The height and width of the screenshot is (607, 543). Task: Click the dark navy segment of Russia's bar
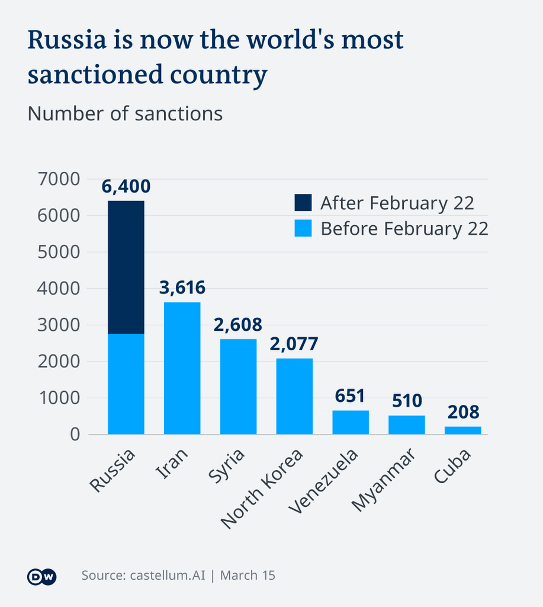click(x=126, y=267)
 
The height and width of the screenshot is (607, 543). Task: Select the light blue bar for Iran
click(x=182, y=368)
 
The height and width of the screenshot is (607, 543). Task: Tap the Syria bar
click(x=238, y=386)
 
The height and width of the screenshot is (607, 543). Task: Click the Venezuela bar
click(x=351, y=422)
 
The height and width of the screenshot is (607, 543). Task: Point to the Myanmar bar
click(x=407, y=424)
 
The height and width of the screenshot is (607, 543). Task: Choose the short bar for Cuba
click(x=462, y=430)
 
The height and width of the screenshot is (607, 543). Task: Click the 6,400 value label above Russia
click(x=126, y=187)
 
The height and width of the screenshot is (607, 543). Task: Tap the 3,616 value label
click(x=182, y=288)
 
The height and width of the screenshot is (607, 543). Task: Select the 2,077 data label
click(x=294, y=344)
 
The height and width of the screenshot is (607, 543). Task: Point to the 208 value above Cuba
click(x=462, y=412)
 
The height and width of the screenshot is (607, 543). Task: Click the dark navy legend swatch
click(x=303, y=203)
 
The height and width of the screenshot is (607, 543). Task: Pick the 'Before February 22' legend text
click(x=404, y=228)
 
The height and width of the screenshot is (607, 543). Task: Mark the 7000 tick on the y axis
click(x=58, y=179)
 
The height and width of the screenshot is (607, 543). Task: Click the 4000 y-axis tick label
click(x=58, y=289)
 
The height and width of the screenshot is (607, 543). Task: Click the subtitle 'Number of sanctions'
click(x=125, y=113)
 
